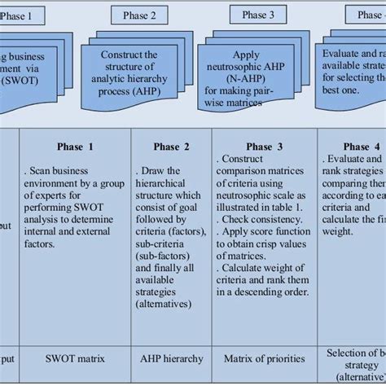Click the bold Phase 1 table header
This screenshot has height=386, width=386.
75,147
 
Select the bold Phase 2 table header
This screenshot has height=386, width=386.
171,147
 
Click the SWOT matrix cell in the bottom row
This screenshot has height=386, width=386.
75,357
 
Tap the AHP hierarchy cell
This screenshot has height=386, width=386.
171,357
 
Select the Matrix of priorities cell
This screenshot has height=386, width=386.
265,357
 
